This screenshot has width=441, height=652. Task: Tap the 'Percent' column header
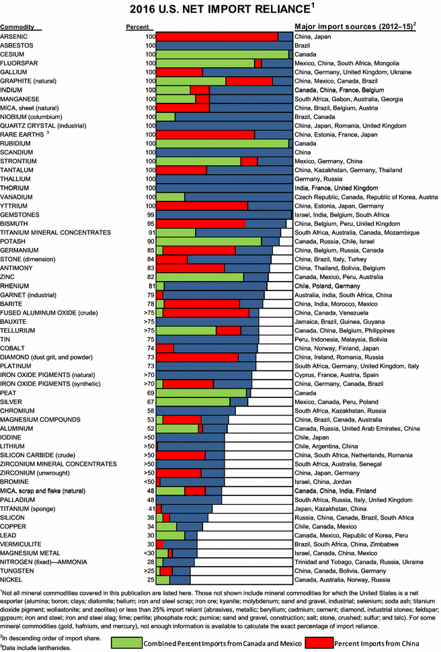[138, 27]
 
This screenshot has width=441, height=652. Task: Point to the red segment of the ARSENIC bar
[216, 36]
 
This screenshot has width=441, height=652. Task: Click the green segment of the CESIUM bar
[222, 54]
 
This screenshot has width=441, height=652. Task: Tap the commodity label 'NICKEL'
[12, 579]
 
